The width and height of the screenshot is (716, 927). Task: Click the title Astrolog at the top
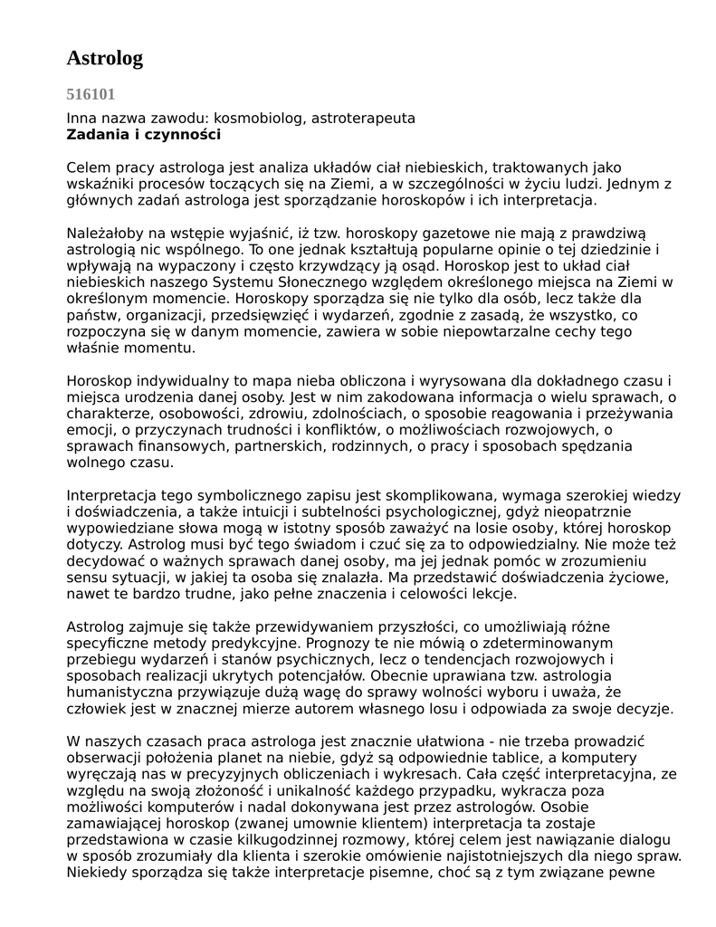[x=105, y=59]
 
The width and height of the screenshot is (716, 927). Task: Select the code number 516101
[x=91, y=94]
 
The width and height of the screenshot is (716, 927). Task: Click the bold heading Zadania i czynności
[x=144, y=135]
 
